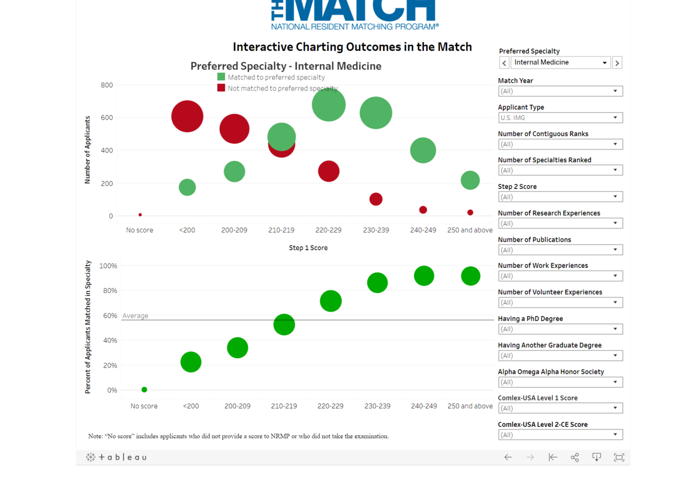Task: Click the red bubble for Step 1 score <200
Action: pos(187,117)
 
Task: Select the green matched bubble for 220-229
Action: pos(329,105)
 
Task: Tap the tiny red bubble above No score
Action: pos(140,215)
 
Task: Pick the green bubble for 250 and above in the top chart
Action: pos(470,180)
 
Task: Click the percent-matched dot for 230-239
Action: pos(377,283)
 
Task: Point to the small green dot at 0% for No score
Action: pos(144,390)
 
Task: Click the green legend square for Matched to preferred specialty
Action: pos(221,77)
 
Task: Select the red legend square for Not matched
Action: pos(221,88)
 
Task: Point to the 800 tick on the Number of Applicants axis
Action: pos(107,85)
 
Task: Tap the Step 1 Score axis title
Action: pos(308,248)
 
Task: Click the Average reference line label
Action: pos(135,316)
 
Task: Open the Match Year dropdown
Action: pos(560,91)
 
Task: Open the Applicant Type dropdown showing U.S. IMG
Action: pos(560,118)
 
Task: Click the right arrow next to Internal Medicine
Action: pos(617,63)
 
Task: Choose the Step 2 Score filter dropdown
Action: pos(560,197)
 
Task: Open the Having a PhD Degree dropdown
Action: pos(560,329)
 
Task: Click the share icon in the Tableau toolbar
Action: pos(575,458)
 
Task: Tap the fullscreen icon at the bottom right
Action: pos(619,458)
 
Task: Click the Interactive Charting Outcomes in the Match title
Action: pos(352,47)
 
